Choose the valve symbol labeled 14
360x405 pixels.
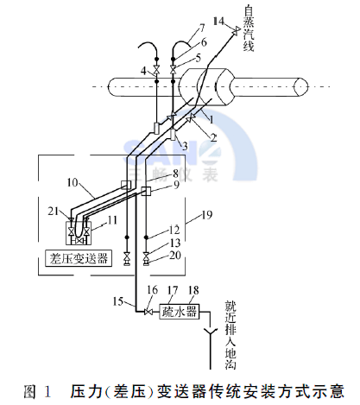pos(235,31)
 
